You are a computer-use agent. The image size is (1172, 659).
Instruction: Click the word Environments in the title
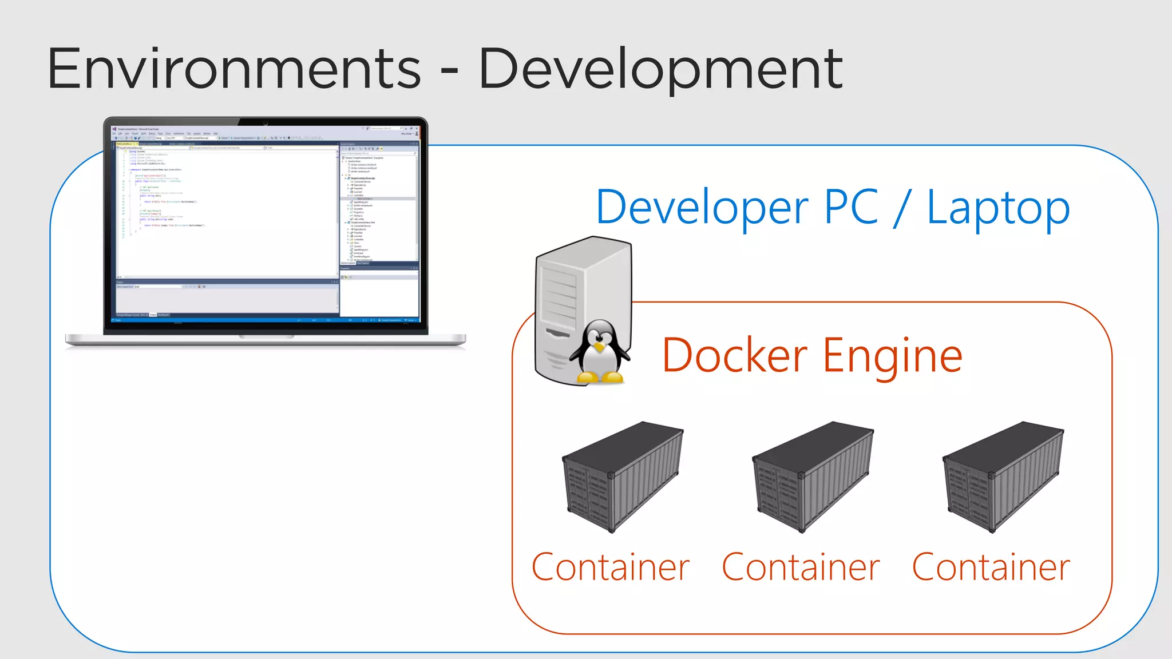(233, 70)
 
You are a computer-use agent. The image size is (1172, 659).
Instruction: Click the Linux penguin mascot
(599, 352)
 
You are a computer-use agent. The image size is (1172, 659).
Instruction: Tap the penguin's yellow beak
(599, 347)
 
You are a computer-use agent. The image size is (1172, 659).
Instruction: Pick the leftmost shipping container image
(623, 477)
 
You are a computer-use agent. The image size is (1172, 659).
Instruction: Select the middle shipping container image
(813, 477)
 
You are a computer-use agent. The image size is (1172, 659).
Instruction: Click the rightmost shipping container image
(1003, 477)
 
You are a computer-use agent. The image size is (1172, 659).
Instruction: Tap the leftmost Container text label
(611, 567)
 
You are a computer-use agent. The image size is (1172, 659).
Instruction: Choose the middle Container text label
(801, 567)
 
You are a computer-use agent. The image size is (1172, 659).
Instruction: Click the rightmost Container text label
(991, 567)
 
